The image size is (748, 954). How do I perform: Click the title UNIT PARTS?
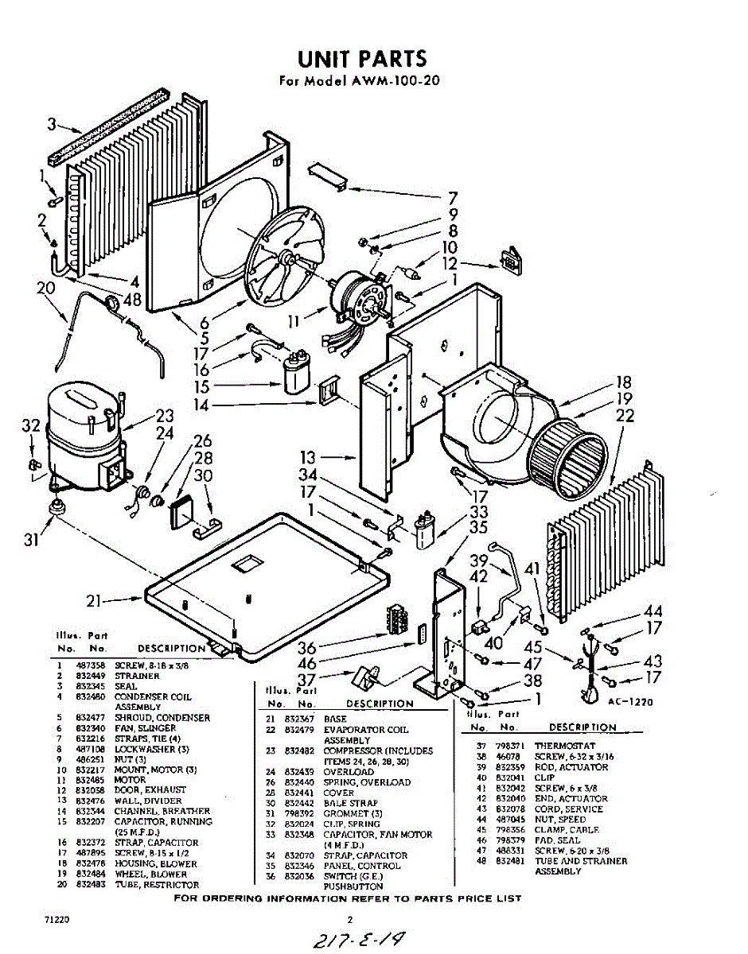[362, 59]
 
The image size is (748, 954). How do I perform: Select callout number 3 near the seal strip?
[52, 124]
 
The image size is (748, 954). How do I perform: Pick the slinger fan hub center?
[285, 256]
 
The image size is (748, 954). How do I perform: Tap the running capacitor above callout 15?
[296, 370]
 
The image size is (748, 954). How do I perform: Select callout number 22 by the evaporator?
[626, 414]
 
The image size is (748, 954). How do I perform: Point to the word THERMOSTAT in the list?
[564, 747]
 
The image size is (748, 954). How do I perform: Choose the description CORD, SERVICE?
[568, 809]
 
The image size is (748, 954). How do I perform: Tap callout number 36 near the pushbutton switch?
[306, 648]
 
